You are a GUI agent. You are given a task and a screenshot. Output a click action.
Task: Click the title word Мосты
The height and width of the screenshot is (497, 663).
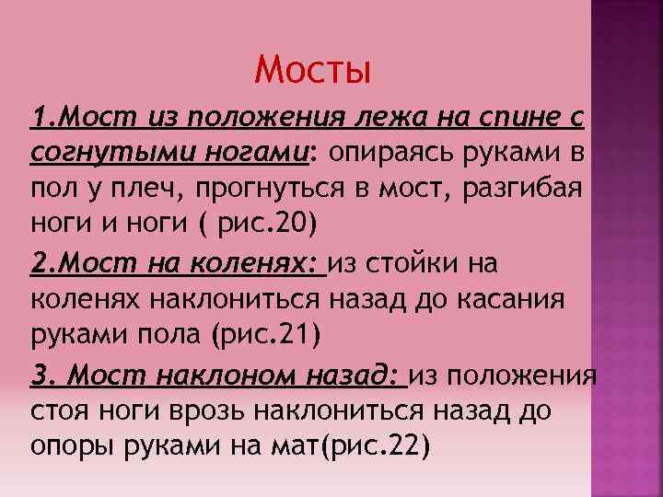(312, 69)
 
